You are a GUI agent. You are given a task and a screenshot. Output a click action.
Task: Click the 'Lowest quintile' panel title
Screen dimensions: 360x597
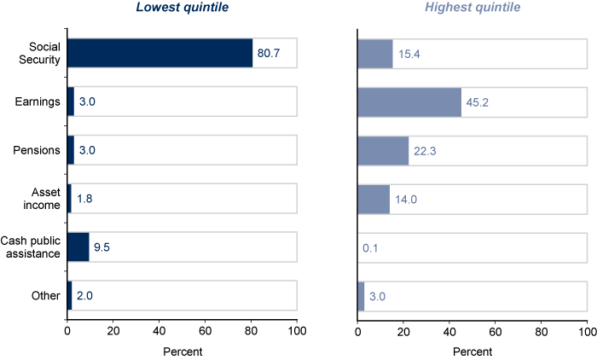(x=182, y=9)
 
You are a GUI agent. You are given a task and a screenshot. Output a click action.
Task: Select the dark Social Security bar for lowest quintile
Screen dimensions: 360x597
(x=159, y=53)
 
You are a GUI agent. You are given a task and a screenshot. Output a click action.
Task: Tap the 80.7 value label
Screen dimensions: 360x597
(x=269, y=53)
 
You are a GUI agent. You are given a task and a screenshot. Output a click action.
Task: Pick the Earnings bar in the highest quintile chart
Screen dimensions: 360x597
(x=409, y=102)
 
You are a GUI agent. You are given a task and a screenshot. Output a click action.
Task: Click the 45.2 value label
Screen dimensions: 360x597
(x=478, y=102)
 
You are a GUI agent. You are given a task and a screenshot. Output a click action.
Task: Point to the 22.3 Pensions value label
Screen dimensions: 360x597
(x=426, y=150)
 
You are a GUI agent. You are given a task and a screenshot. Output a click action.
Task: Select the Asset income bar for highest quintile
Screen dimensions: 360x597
(x=374, y=199)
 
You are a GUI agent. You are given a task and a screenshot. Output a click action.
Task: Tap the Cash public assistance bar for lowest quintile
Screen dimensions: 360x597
(x=78, y=247)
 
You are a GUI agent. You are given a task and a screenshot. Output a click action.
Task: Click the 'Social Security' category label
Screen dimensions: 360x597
(x=39, y=53)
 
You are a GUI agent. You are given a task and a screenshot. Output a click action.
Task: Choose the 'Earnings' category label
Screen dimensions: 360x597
(x=38, y=102)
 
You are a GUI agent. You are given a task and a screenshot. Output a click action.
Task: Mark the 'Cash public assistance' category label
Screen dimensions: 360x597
(x=31, y=247)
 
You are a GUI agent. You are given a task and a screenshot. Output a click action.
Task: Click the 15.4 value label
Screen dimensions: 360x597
(x=410, y=53)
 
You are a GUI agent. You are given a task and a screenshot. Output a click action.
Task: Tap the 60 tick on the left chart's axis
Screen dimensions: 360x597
(x=205, y=328)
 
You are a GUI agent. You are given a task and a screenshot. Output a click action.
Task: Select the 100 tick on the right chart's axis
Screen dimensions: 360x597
(x=587, y=328)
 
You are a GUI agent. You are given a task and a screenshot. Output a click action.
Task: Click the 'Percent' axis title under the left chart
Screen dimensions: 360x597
(x=182, y=351)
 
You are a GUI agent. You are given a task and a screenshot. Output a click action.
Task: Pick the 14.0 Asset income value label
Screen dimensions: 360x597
(x=407, y=200)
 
